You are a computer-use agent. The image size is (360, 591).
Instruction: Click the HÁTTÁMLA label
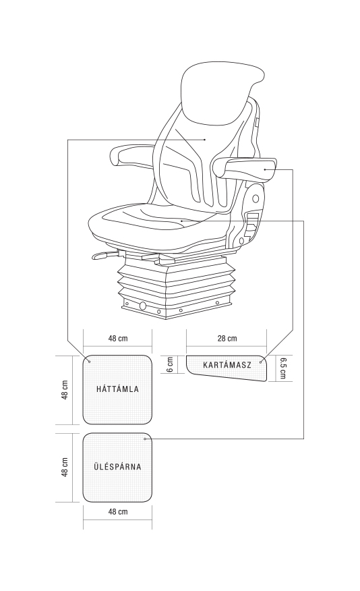[117, 389]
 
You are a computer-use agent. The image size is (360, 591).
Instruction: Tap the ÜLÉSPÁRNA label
[117, 467]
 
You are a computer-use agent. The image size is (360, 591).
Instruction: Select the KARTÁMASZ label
[227, 365]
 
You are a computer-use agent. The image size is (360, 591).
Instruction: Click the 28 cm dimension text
[227, 338]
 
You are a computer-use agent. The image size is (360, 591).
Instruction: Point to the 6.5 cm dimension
[282, 368]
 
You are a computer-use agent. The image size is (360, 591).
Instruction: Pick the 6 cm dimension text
[170, 364]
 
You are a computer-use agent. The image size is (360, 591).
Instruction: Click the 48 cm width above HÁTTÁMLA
[118, 338]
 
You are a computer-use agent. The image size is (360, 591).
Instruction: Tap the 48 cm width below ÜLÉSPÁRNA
[118, 511]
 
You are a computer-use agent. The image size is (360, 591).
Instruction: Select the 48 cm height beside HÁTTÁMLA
[65, 390]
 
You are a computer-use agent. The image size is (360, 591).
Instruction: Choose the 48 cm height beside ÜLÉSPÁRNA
[65, 468]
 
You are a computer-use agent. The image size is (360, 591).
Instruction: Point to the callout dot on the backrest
[204, 140]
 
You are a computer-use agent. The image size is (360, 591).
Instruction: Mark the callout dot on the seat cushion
[181, 221]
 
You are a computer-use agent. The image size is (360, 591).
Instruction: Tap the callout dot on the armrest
[265, 169]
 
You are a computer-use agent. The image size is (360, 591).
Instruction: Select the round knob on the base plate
[143, 306]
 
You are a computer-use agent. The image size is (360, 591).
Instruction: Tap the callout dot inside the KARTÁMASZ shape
[261, 362]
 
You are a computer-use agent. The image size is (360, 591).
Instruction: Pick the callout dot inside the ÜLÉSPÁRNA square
[146, 439]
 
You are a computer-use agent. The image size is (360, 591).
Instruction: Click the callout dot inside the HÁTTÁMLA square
[89, 362]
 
